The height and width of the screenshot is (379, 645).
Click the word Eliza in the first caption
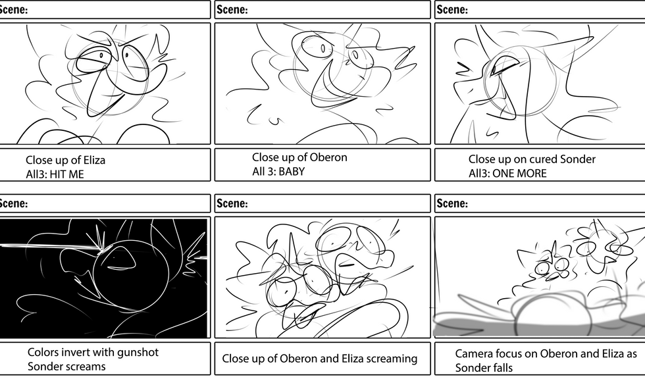(93, 160)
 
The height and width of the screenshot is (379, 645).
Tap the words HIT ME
(66, 174)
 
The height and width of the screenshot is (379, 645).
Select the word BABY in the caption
(292, 172)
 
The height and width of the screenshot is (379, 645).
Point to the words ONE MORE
(519, 174)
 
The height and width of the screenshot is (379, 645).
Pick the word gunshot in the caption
(138, 353)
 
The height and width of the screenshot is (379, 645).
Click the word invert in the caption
(80, 352)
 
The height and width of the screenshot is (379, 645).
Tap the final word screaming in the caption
(392, 359)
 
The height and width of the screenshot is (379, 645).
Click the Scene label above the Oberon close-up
(232, 9)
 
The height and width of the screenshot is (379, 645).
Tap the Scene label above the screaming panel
(232, 203)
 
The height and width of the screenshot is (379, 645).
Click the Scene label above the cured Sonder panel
(452, 9)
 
